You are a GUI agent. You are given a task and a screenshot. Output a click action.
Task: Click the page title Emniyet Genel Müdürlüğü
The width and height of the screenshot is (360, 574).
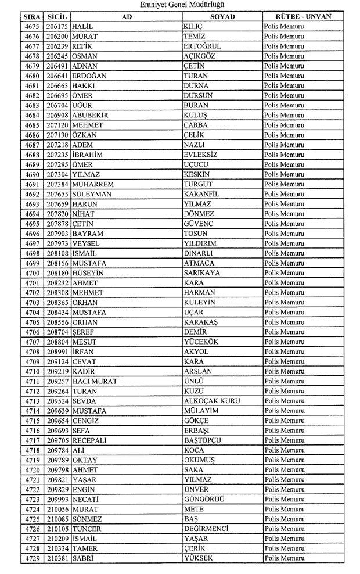point(180,5)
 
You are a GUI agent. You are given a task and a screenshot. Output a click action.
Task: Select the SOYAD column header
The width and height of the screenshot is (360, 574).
point(222,16)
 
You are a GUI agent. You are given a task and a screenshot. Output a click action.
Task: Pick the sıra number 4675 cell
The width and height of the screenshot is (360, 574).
point(33,27)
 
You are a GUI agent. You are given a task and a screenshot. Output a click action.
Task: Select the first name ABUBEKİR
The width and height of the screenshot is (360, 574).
point(91,115)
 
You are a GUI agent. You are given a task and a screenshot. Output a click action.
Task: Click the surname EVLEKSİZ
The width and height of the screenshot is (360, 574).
point(200,155)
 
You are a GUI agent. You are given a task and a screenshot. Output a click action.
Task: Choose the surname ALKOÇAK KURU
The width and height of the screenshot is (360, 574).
point(212,401)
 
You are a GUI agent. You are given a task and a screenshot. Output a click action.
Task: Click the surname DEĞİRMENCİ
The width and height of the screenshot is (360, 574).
point(206,529)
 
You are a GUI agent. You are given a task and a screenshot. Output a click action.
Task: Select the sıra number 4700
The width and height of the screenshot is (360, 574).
point(33,272)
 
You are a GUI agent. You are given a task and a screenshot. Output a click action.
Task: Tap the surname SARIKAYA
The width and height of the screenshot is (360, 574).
point(201,272)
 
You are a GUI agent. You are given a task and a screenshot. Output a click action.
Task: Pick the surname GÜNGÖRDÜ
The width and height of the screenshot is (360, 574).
point(204,499)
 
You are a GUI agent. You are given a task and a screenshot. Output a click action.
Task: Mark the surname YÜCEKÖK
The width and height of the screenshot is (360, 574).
point(201,342)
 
